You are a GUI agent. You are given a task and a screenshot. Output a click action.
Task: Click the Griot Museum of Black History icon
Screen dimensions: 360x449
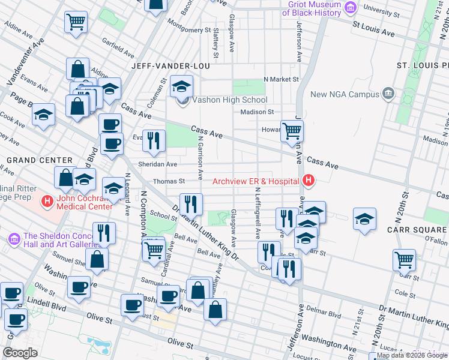tap(351, 8)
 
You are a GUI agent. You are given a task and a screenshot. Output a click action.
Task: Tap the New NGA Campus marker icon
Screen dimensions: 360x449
tap(388, 94)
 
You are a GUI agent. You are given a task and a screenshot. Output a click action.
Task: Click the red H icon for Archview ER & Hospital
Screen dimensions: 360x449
tap(309, 180)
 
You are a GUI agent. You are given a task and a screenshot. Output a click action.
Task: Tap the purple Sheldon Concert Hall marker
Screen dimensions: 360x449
tap(15, 239)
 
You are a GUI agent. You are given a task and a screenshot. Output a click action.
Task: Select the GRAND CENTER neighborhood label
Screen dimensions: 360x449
tap(39, 160)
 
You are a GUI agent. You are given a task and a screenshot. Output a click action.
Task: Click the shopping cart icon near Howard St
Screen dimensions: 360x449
tap(292, 130)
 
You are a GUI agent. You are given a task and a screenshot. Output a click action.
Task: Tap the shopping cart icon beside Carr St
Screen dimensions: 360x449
tap(405, 260)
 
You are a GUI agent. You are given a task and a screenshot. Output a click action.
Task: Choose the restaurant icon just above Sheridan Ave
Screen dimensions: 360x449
tap(154, 140)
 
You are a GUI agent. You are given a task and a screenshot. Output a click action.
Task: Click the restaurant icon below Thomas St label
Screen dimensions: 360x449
tap(191, 203)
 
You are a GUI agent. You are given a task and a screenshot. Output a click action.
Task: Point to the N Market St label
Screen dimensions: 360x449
tap(282, 79)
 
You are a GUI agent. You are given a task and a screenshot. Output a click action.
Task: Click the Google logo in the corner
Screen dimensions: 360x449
tap(20, 352)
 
